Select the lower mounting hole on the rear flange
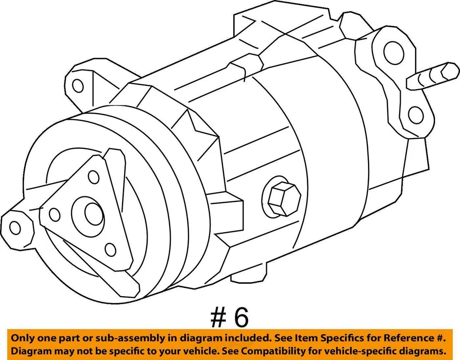click(416, 115)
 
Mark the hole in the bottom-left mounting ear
click(15, 227)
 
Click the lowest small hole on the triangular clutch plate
click(110, 249)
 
